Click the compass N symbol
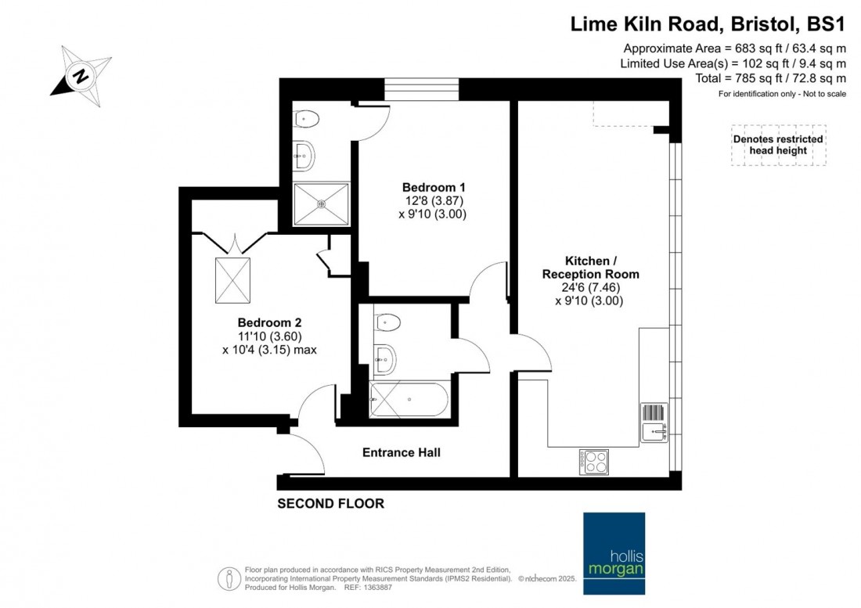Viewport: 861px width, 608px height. pos(81,76)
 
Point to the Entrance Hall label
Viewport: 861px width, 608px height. pos(402,452)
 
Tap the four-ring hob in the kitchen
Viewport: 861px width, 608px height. pos(593,462)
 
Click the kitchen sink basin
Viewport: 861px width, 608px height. pos(654,431)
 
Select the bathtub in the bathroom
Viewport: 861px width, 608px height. pos(409,399)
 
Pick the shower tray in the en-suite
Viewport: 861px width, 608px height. pos(321,204)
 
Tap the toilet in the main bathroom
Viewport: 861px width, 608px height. pos(387,322)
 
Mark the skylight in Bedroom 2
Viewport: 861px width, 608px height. pos(232,280)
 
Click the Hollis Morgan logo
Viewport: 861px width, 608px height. pos(614,553)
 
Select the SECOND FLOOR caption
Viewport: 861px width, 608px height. pos(330,503)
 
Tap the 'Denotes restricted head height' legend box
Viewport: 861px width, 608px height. pos(778,145)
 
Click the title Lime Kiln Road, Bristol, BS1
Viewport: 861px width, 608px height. pos(708,24)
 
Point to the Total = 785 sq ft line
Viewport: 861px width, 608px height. pos(770,78)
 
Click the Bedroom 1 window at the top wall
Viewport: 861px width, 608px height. pos(421,89)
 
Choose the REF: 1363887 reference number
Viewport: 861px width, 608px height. pos(368,587)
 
